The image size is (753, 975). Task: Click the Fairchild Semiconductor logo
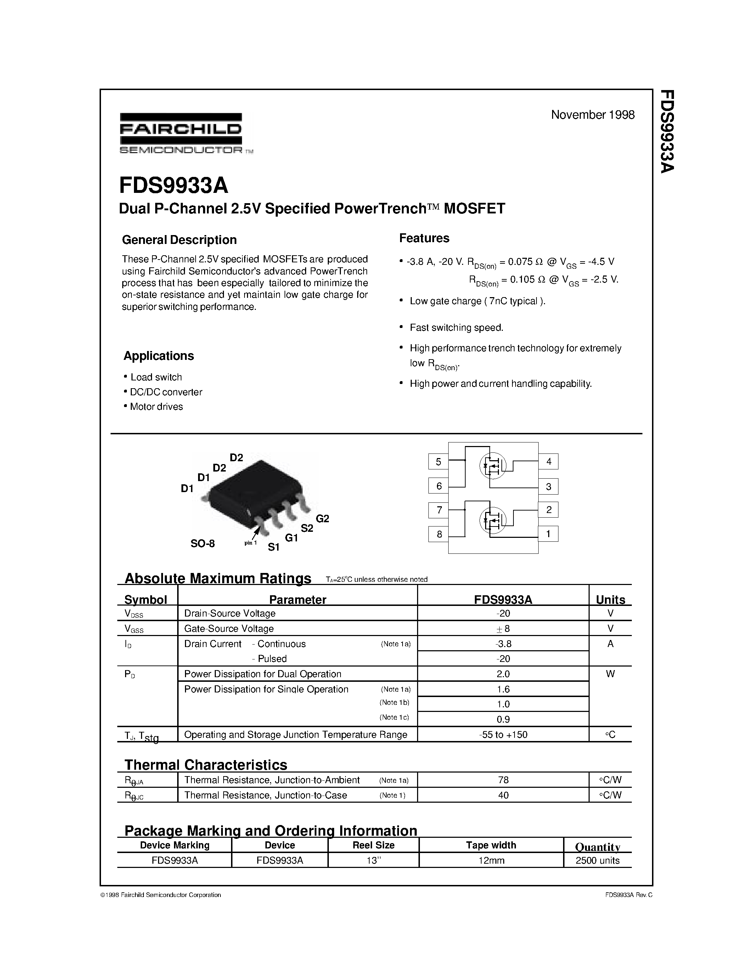[x=181, y=133]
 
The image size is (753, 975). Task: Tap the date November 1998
[x=592, y=115]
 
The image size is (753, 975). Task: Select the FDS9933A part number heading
[x=174, y=186]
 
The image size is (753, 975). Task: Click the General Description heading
[x=179, y=240]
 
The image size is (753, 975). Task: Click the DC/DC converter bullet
[x=165, y=392]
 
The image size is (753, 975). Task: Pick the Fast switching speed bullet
[x=456, y=328]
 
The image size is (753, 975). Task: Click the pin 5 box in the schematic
[x=438, y=462]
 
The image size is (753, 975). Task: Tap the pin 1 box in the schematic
[x=548, y=534]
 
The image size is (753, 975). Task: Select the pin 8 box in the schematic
[x=438, y=534]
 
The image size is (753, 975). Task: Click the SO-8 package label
[x=203, y=543]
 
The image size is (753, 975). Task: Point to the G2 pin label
[x=322, y=519]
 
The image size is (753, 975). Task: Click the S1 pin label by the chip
[x=274, y=547]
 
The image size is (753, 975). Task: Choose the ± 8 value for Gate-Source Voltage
[x=503, y=629]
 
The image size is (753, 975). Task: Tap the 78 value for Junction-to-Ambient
[x=503, y=780]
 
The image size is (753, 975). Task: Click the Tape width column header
[x=491, y=845]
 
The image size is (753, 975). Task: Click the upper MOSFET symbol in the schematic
[x=493, y=466]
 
